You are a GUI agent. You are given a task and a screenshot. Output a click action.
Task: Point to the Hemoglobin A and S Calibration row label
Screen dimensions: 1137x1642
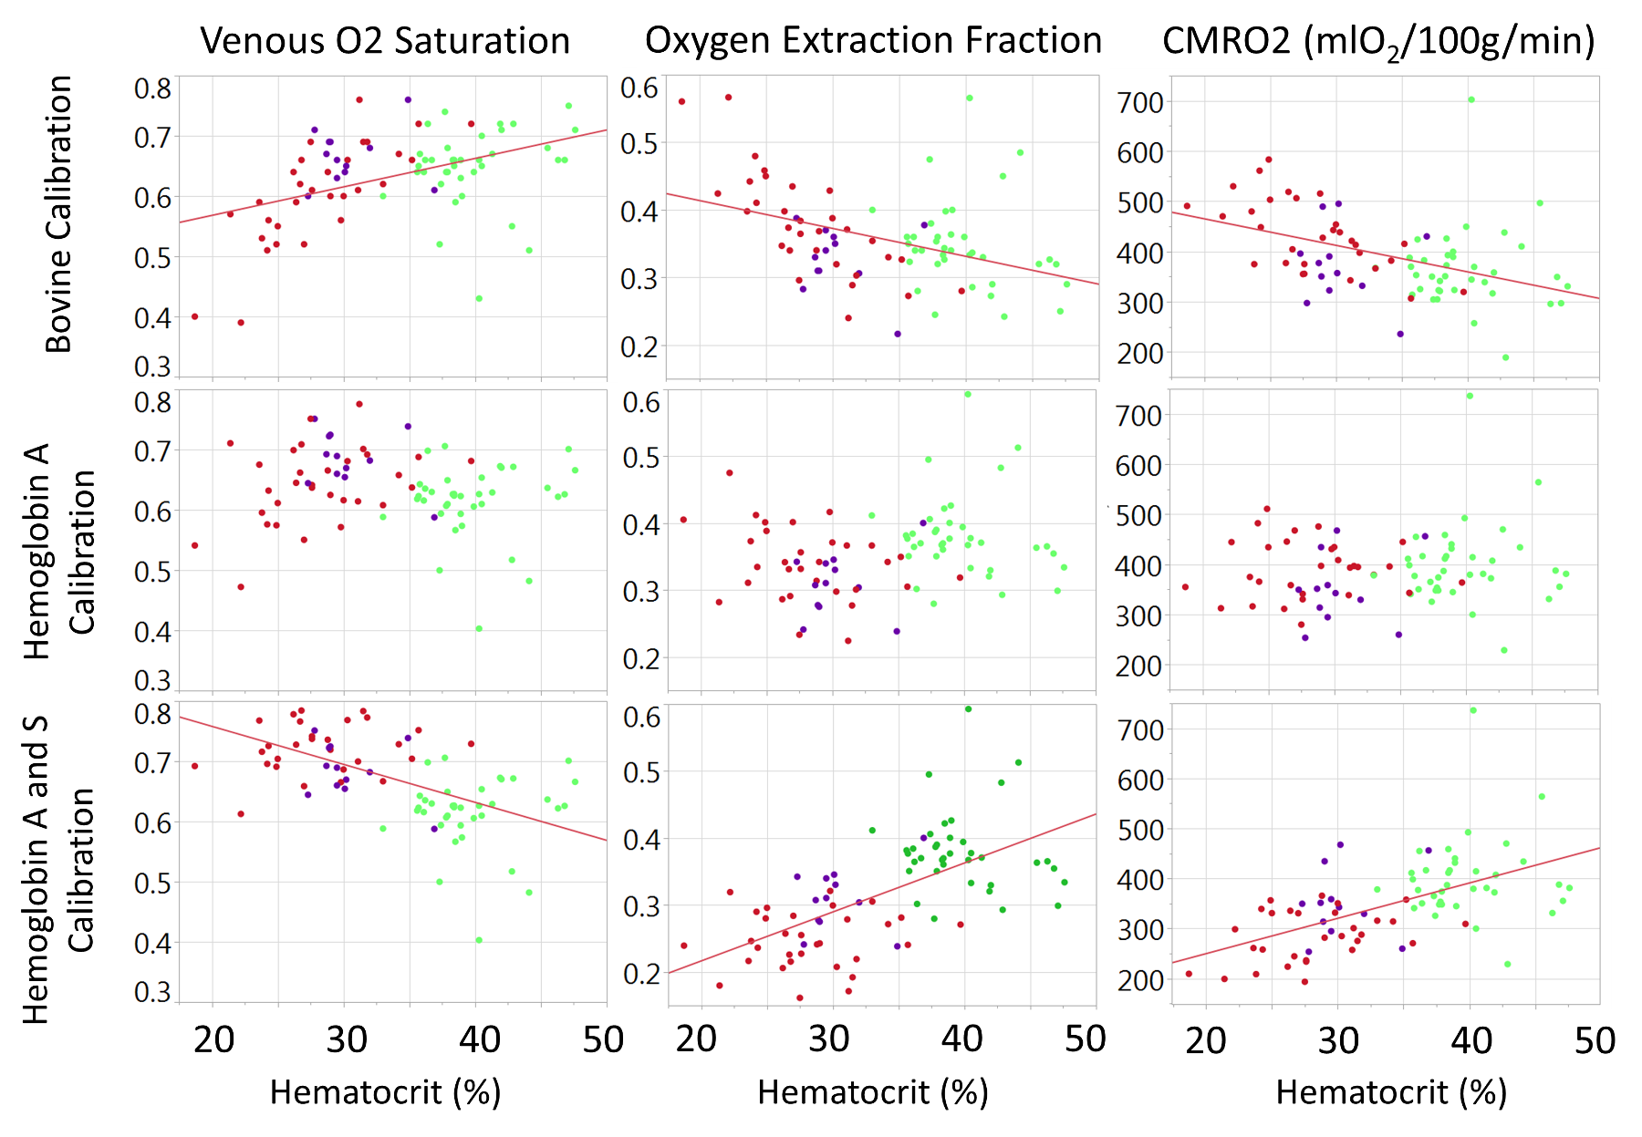[58, 870]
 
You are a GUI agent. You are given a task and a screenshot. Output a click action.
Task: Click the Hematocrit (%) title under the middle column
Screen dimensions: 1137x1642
[873, 1091]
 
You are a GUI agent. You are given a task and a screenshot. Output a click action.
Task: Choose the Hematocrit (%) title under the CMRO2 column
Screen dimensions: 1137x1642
[1390, 1091]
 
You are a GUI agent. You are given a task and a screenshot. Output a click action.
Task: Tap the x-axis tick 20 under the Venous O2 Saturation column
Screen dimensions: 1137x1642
[214, 1040]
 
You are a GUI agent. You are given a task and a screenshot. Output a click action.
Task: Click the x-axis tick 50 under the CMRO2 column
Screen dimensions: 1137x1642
[1595, 1040]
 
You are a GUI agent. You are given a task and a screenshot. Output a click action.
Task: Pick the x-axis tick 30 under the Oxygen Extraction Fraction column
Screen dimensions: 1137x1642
[829, 1039]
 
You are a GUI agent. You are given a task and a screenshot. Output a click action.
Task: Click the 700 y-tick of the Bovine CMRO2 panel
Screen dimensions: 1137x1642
[1140, 103]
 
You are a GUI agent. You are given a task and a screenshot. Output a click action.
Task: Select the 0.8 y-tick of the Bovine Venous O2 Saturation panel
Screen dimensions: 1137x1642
[152, 88]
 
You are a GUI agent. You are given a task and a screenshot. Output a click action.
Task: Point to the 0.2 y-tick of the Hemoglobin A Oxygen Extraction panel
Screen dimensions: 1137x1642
[640, 658]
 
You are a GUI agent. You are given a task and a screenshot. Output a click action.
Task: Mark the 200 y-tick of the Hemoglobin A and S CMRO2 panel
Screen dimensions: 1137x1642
[1140, 980]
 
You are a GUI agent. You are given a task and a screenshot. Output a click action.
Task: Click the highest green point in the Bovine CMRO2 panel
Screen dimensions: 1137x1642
[1471, 99]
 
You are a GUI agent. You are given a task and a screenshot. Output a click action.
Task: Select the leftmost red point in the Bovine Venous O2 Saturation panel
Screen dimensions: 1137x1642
[194, 316]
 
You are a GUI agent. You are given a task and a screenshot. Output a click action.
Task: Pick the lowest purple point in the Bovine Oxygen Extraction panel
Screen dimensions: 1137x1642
[897, 334]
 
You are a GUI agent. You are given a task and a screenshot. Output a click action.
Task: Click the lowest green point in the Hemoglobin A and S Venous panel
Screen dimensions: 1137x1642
[478, 940]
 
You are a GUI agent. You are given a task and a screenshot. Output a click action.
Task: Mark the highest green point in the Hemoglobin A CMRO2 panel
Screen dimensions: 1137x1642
[1470, 396]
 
